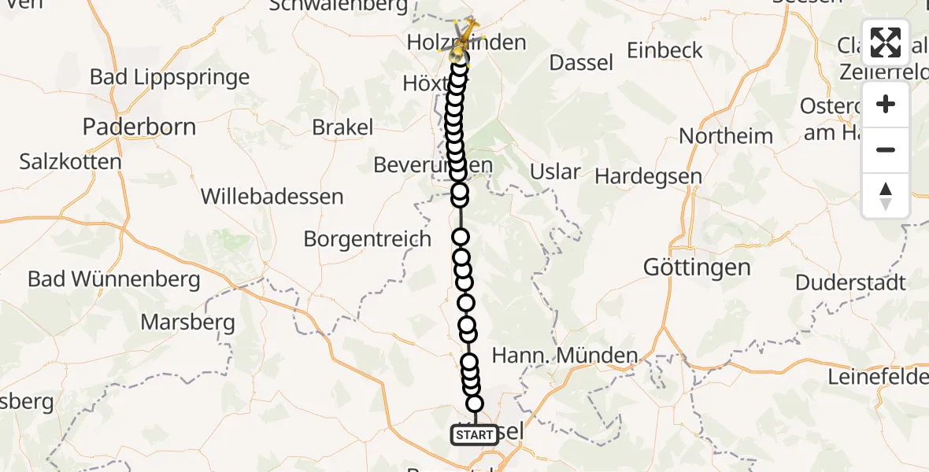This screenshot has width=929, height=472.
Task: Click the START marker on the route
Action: click(475, 435)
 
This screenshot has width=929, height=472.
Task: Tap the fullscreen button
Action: click(886, 42)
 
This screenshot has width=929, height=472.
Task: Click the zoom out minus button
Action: click(886, 149)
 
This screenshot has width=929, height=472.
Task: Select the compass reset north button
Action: click(886, 196)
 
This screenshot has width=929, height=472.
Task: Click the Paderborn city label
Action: click(139, 127)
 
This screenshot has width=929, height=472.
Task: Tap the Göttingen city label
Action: click(697, 267)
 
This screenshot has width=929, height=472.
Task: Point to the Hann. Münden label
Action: click(564, 356)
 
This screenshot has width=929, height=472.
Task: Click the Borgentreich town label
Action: click(368, 239)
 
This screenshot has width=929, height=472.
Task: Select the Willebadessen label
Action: click(272, 196)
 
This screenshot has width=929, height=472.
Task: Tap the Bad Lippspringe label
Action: click(170, 77)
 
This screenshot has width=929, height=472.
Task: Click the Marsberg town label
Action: click(188, 322)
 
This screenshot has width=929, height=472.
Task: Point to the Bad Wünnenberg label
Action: click(114, 278)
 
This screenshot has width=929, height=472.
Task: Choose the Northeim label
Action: click(726, 136)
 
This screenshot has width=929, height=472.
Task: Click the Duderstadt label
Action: click(851, 282)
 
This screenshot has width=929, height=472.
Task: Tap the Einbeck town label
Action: click(665, 50)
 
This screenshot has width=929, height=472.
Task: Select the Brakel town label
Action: click(342, 127)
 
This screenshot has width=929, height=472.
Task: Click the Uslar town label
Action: click(556, 171)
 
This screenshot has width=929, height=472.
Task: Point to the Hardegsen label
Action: click(649, 176)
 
